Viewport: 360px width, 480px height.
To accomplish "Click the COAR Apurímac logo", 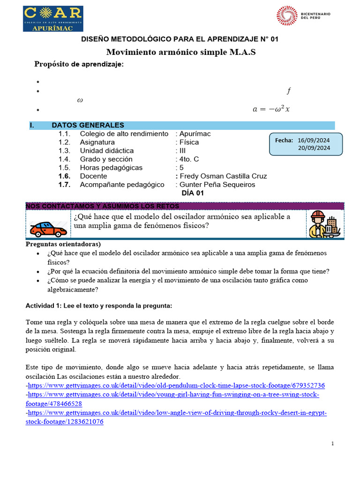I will pos(53,19).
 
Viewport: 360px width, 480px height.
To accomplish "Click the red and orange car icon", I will pos(48,229).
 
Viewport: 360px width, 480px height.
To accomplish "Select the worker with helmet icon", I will pos(325,224).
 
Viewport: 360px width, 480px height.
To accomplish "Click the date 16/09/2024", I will pos(314,140).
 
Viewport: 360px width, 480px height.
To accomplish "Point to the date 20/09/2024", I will pos(314,148).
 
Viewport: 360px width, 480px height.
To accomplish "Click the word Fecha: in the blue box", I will pos(284,140).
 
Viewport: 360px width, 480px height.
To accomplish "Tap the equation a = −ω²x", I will pos(271,109).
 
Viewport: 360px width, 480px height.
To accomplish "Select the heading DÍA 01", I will pos(193,193).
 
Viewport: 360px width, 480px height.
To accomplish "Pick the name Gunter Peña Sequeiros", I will pos(217,185).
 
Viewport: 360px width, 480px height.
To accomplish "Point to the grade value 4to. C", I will pos(189,159).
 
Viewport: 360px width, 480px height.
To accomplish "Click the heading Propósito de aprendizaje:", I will pos(79,64).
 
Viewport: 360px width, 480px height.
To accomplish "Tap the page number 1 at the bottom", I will pos(332,443).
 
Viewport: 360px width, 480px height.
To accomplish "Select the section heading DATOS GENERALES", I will pos(88,125).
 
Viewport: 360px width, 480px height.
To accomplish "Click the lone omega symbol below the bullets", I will pos(80,100).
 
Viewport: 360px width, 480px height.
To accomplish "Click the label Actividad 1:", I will pos(43,306).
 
